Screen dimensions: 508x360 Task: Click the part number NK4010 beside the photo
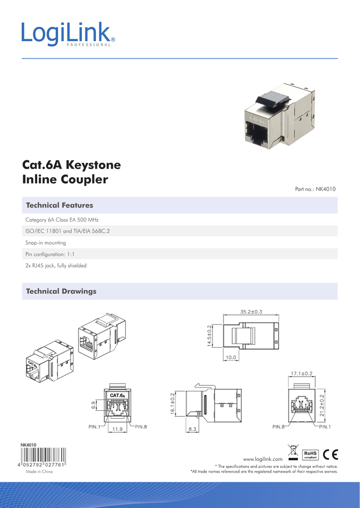click(x=316, y=189)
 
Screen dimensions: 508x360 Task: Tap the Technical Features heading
click(x=59, y=205)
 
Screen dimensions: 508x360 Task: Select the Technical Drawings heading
click(x=61, y=291)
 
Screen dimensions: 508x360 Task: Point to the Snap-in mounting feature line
click(x=46, y=243)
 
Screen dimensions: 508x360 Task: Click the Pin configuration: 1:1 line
click(x=49, y=254)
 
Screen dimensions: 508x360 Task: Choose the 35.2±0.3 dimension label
click(x=251, y=312)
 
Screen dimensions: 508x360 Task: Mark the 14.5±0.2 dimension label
click(x=210, y=336)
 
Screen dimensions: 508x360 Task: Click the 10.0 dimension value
click(x=230, y=357)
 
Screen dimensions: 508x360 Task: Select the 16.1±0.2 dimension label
click(x=172, y=404)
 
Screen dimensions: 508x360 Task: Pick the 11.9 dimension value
click(x=117, y=428)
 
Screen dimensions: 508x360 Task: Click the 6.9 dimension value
click(x=93, y=405)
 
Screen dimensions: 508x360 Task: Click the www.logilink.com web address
click(x=262, y=460)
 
